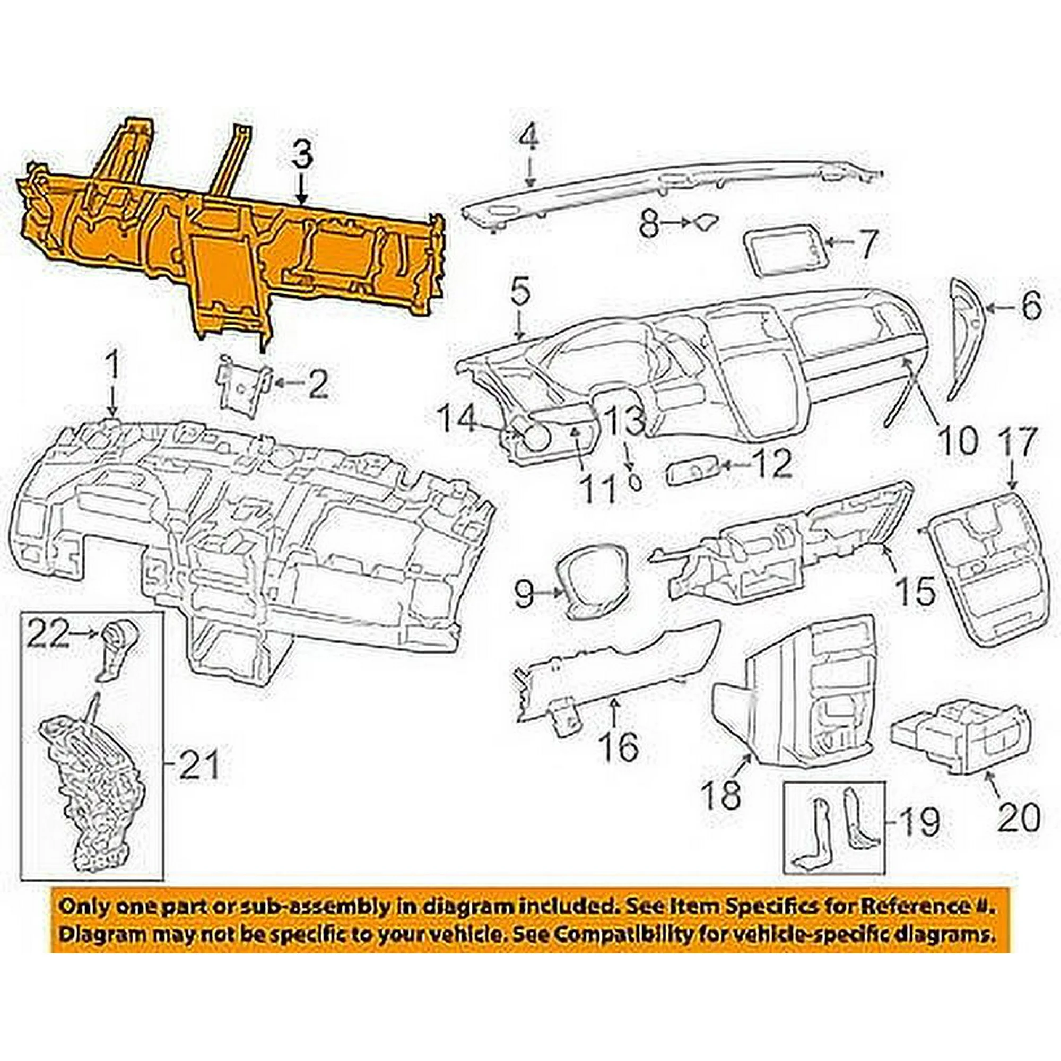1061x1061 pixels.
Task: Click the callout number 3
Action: click(301, 156)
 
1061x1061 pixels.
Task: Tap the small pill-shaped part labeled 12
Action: click(693, 472)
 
